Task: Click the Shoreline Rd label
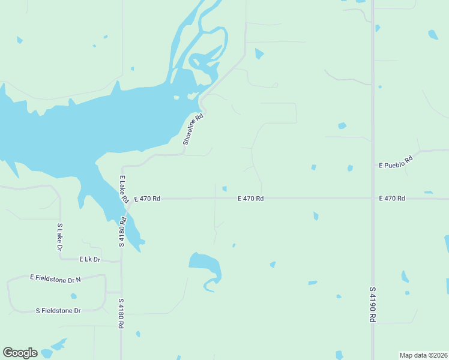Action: [194, 130]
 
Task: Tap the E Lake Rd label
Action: [124, 188]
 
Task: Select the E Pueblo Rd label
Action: [396, 163]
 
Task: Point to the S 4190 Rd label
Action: [373, 305]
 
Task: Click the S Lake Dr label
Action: [60, 237]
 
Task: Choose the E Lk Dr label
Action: [89, 259]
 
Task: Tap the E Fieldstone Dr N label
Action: [55, 278]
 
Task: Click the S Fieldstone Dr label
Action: [58, 310]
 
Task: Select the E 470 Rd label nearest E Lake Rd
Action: [147, 198]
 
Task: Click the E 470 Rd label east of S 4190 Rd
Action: [392, 198]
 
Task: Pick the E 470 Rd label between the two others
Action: [250, 198]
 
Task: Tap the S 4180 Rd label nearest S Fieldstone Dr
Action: [121, 313]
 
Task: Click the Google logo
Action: [20, 353]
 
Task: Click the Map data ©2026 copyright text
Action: [423, 355]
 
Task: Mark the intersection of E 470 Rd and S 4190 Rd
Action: [373, 198]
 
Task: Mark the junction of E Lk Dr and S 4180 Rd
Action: [121, 261]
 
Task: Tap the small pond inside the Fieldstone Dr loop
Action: [73, 296]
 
